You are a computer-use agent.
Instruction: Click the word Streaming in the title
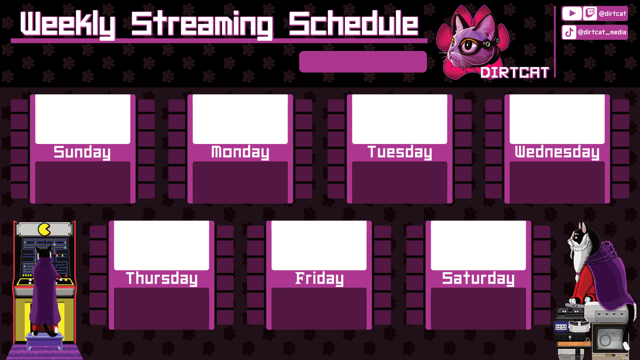202,25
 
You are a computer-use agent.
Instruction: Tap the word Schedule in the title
353,24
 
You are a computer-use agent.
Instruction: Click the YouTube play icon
572,13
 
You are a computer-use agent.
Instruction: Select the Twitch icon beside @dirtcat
590,13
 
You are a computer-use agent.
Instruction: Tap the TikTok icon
569,32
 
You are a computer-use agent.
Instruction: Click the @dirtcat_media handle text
602,32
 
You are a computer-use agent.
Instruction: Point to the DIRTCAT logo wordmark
515,72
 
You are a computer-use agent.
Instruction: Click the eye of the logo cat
469,46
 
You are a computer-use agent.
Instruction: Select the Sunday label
82,152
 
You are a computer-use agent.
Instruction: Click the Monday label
240,152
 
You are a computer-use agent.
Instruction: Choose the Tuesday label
400,152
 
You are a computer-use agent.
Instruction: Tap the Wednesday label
557,152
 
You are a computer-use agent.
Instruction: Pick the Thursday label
161,279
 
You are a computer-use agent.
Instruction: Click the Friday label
319,279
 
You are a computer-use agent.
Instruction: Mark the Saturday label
478,279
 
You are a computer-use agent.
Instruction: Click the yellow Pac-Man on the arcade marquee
44,229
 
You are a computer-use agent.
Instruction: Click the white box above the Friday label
319,245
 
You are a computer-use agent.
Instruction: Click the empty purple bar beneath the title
363,62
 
